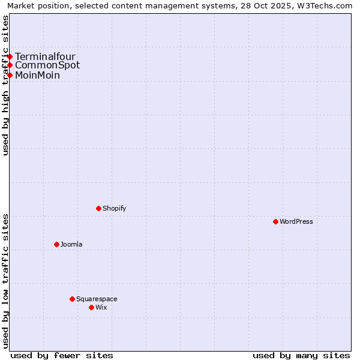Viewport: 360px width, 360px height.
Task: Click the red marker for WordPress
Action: (x=276, y=221)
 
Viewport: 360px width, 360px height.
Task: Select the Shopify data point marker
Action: (x=99, y=208)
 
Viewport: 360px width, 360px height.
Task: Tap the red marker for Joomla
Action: (x=57, y=244)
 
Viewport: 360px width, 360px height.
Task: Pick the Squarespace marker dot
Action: (x=73, y=299)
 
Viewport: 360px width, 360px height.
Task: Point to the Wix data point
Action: (x=92, y=307)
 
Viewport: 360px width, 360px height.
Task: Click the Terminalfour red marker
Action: (x=10, y=56)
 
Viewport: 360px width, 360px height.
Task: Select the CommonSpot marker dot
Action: (x=10, y=65)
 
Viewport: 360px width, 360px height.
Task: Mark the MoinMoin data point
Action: (x=10, y=75)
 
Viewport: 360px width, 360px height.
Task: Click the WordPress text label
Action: (x=296, y=221)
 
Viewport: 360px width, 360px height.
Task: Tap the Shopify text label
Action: (x=114, y=208)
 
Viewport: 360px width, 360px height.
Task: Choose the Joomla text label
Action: (x=71, y=244)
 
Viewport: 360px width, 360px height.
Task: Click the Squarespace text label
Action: (x=97, y=299)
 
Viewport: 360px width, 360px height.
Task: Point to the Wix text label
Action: (x=101, y=307)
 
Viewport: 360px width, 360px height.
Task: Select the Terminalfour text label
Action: (x=45, y=56)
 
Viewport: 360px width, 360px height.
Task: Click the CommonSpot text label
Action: (x=47, y=65)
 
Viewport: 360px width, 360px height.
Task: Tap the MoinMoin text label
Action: (x=37, y=75)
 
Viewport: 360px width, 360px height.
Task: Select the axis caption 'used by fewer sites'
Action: (x=62, y=355)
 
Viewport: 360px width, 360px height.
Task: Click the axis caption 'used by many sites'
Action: (x=301, y=355)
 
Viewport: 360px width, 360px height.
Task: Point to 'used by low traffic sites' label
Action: (x=5, y=281)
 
